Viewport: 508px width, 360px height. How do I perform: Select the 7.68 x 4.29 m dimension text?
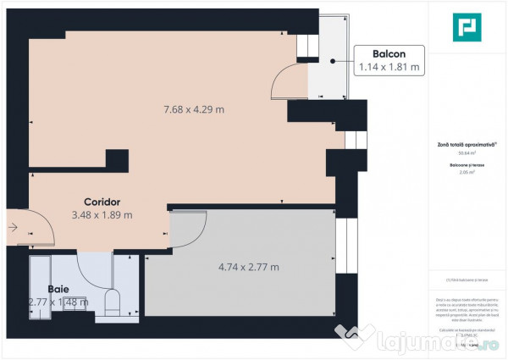pos(194,109)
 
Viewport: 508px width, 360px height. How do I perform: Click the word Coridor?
pos(102,201)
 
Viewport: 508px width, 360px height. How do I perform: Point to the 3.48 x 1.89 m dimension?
pos(102,215)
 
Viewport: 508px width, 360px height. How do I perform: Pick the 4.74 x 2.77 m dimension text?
pos(248,268)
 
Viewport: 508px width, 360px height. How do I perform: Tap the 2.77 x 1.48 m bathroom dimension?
pos(58,301)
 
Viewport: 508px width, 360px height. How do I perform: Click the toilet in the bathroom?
pos(112,302)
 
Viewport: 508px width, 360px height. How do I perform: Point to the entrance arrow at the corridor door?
pos(14,226)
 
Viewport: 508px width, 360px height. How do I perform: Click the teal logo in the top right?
pos(466,28)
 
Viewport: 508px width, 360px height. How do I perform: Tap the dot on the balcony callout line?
pos(334,61)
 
